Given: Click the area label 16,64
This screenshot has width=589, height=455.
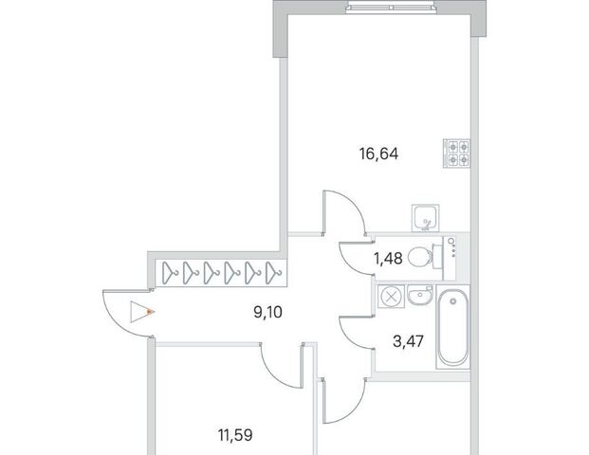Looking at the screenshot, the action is coord(378,154).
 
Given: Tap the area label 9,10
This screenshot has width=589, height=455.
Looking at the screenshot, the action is coord(267,312).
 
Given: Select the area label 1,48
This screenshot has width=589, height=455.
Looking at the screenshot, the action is coord(388,258).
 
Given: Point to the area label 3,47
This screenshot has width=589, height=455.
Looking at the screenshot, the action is coord(409,341).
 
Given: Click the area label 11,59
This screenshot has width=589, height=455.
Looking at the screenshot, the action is coord(235,435).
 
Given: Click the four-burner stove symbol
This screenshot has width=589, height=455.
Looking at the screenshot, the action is coord(457,154).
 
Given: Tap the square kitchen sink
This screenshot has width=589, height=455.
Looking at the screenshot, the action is coord(425,218).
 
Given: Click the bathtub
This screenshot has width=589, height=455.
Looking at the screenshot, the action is coord(453,329).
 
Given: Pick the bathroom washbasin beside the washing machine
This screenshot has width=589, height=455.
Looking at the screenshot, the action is coord(420,296).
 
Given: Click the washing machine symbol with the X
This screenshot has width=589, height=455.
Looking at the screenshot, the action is coord(391,297).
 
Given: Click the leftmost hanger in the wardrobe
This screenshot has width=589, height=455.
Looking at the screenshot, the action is coord(170,273).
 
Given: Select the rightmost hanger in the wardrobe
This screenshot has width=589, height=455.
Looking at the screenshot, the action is coord(274,273).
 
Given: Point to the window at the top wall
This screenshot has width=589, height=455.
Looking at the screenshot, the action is coord(391,8).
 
